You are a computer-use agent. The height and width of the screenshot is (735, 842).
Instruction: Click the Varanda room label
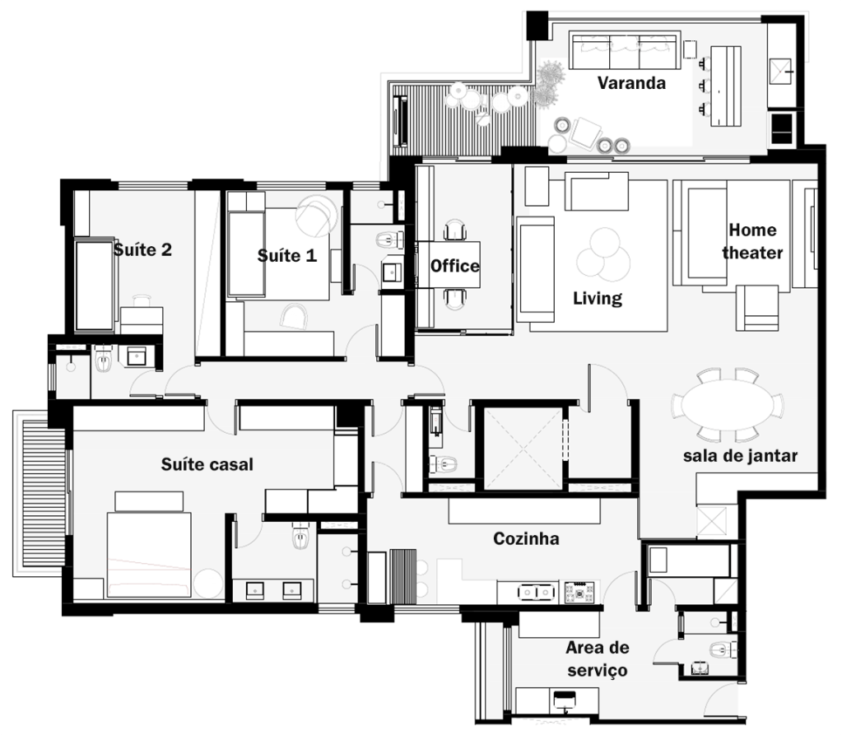pyautogui.click(x=631, y=83)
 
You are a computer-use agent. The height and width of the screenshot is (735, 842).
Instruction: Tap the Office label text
pyautogui.click(x=455, y=266)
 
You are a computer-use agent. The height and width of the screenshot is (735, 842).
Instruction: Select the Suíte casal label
pyautogui.click(x=207, y=464)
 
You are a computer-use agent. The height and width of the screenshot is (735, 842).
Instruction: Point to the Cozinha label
pyautogui.click(x=526, y=538)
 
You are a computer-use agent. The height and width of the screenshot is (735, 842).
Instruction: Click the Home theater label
pyautogui.click(x=752, y=241)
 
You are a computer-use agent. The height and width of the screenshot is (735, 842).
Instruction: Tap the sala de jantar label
pyautogui.click(x=740, y=456)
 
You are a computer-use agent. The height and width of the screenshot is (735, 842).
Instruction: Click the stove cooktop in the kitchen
pyautogui.click(x=579, y=592)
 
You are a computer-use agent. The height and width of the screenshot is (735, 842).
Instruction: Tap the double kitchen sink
pyautogui.click(x=536, y=592)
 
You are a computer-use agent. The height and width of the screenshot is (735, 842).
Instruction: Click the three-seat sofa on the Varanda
pyautogui.click(x=625, y=52)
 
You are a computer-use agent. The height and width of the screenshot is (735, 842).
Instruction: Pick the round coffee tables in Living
pyautogui.click(x=603, y=255)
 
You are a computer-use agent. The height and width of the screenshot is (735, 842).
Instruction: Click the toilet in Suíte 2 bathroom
pyautogui.click(x=103, y=359)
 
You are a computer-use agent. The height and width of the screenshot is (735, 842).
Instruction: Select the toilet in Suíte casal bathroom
pyautogui.click(x=300, y=536)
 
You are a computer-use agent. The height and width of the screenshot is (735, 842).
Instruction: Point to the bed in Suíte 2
pyautogui.click(x=95, y=285)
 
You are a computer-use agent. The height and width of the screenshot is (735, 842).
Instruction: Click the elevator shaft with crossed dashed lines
pyautogui.click(x=523, y=449)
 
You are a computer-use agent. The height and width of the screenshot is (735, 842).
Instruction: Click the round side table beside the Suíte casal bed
pyautogui.click(x=207, y=584)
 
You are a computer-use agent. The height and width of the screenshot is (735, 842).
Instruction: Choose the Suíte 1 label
pyautogui.click(x=286, y=255)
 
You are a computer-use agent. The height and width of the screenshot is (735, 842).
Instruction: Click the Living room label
pyautogui.click(x=597, y=299)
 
